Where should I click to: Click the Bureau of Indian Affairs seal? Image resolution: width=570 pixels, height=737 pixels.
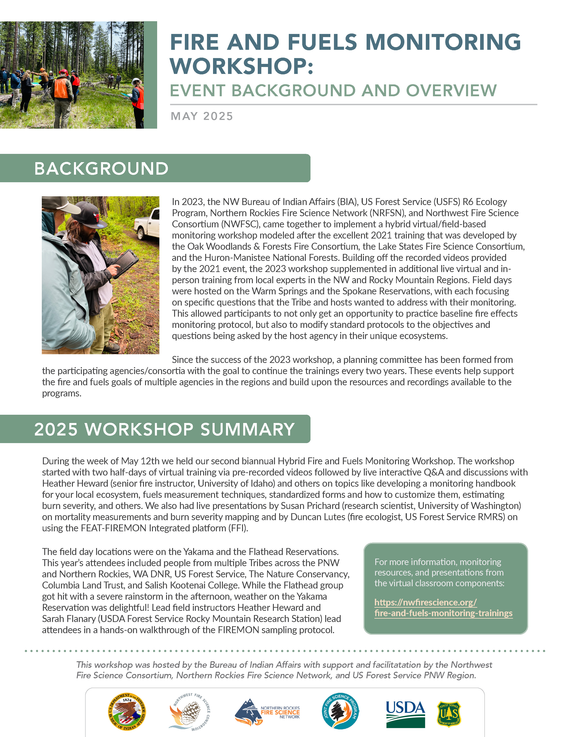[x=127, y=712]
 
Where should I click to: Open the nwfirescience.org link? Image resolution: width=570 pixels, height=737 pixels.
[x=443, y=607]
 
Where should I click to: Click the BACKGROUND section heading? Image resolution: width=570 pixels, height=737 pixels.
[x=101, y=168]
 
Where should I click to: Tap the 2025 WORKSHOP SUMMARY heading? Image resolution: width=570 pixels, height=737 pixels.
[x=165, y=429]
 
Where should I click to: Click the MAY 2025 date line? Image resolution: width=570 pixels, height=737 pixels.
[x=202, y=116]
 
